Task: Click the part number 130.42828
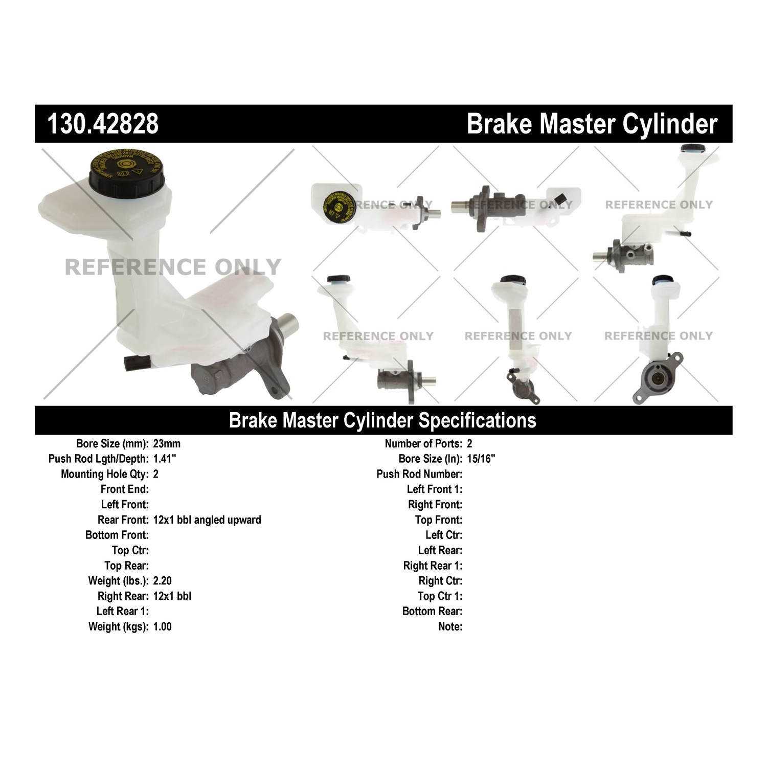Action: click(x=103, y=124)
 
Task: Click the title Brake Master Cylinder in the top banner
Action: click(x=592, y=124)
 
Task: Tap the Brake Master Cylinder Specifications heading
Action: click(x=382, y=420)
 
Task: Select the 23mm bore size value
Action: click(x=167, y=444)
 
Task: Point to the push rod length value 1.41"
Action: click(x=165, y=459)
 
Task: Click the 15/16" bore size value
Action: click(x=481, y=459)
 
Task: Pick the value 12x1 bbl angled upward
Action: click(x=207, y=520)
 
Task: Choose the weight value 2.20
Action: click(x=163, y=581)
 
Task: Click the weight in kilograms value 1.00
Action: click(x=163, y=626)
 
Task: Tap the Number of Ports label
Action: click(x=423, y=444)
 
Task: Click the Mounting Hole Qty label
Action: click(x=105, y=474)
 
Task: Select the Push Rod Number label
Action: click(x=419, y=474)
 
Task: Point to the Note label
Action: click(x=450, y=626)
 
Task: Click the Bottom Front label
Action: click(x=117, y=535)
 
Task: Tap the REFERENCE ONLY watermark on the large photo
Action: click(x=173, y=267)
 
